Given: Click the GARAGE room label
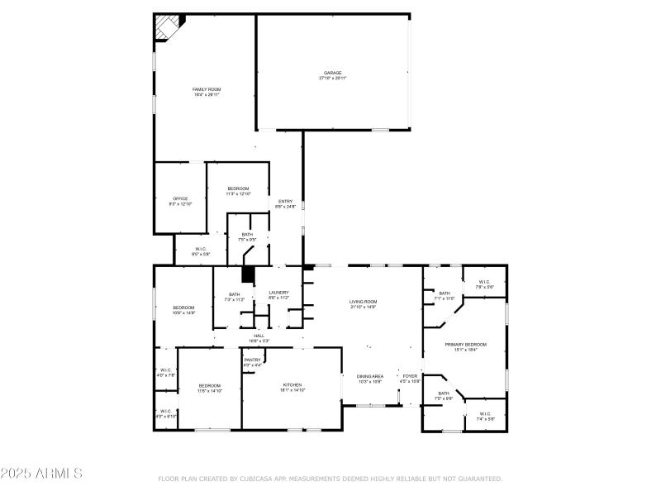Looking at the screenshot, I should (x=333, y=75).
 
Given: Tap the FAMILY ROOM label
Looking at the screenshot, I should (x=207, y=92).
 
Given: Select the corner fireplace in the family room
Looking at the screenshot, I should (x=168, y=26).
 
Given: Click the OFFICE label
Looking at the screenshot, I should (x=180, y=201).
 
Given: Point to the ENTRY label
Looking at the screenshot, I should (x=285, y=203).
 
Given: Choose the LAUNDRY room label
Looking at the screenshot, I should (x=278, y=294).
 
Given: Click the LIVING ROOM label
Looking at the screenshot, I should (x=363, y=303).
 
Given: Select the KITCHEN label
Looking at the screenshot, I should (x=292, y=387).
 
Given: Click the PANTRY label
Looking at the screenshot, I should (x=253, y=361).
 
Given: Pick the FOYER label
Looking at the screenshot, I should (x=410, y=378).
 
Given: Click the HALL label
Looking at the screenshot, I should (x=259, y=337).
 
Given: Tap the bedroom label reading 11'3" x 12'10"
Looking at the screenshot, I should (x=238, y=191).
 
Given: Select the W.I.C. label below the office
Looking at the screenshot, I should (x=201, y=251).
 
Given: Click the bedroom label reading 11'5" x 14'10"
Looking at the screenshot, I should (x=209, y=389).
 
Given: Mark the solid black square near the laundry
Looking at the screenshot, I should (x=247, y=276).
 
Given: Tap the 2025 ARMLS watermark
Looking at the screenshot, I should (x=41, y=474).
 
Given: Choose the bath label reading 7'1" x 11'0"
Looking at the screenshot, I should (x=445, y=295).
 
